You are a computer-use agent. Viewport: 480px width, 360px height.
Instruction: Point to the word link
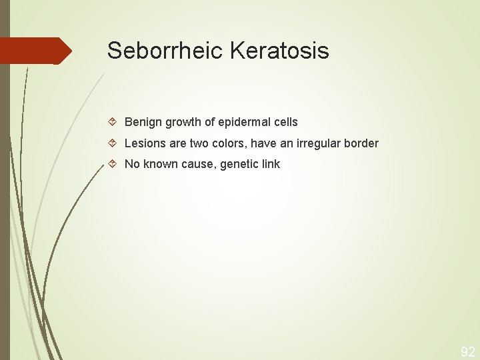click(271, 164)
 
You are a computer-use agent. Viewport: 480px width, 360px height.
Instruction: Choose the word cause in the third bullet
click(198, 164)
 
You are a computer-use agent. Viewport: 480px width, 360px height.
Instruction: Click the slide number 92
click(468, 351)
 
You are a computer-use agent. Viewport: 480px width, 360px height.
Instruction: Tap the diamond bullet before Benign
click(113, 122)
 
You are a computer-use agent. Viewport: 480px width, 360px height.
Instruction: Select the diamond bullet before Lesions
click(113, 143)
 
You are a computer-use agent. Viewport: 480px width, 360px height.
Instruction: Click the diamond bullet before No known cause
click(113, 164)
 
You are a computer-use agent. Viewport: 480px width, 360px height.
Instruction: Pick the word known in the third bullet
click(161, 164)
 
